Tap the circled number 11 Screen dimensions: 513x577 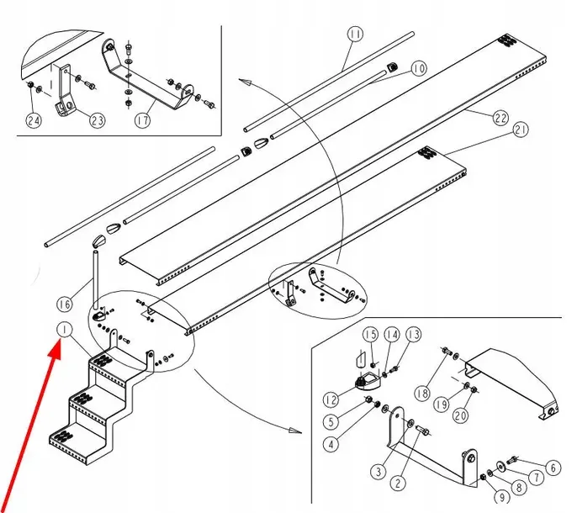click(x=354, y=35)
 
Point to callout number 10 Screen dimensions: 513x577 click(x=419, y=68)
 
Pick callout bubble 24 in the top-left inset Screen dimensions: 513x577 click(x=33, y=120)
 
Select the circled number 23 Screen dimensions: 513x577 click(x=97, y=120)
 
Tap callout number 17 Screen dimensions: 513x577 click(x=142, y=120)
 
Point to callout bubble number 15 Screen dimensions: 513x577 click(x=371, y=336)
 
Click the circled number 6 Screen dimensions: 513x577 click(x=552, y=468)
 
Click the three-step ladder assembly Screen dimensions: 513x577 click(x=93, y=404)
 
